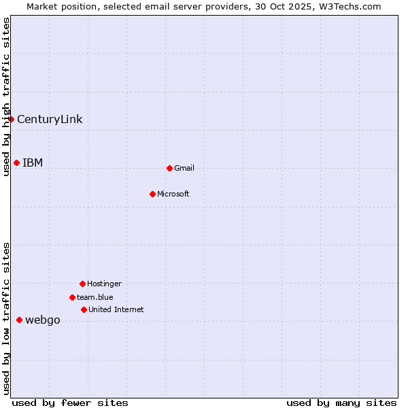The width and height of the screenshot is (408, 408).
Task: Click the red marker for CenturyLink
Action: pos(12,119)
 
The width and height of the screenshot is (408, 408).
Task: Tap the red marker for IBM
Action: pos(16,163)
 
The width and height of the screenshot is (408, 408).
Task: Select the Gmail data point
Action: pos(169,168)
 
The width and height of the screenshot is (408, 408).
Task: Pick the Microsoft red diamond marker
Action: pos(152,194)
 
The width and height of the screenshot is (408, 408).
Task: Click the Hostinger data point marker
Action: pos(82,284)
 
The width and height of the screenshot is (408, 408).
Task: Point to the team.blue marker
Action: pos(72,297)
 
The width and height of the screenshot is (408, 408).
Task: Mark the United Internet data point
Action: pos(84,309)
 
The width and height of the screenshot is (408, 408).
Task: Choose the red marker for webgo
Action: pos(19,320)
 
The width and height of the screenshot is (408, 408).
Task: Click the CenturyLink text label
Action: pos(50,120)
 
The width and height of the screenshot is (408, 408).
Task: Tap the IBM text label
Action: pos(33,163)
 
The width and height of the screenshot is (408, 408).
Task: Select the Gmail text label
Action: pos(184,169)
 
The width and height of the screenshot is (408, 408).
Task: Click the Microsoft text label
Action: pos(173,194)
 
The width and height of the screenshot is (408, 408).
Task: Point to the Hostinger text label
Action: pos(104,284)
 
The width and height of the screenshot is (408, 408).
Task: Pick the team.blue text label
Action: pos(95,298)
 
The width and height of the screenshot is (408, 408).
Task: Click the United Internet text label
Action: pos(116,310)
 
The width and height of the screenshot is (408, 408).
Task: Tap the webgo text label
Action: pos(43,320)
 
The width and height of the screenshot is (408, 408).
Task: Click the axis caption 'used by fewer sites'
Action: pos(70,403)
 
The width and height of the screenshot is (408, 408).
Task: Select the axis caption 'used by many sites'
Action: pos(341,403)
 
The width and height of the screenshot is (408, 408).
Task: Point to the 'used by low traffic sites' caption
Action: pos(7,318)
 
